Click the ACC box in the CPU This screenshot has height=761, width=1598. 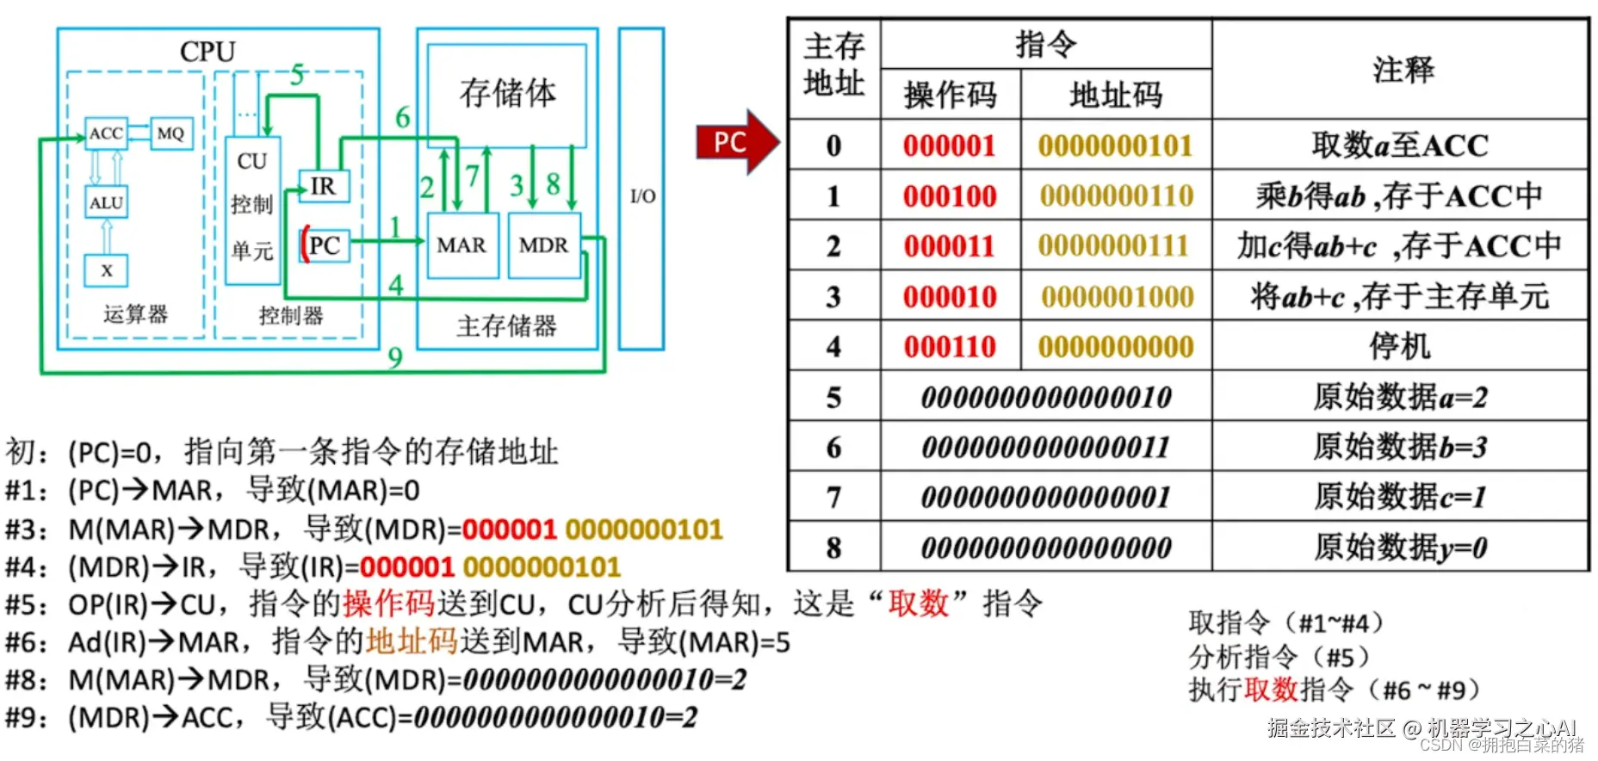coord(106,133)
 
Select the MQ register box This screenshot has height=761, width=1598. coord(170,133)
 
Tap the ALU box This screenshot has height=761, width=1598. coord(106,202)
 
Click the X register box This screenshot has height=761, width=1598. coord(106,270)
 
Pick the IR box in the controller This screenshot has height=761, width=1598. coord(324,186)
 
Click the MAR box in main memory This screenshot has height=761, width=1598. coord(461,245)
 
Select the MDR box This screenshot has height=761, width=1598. coord(543,245)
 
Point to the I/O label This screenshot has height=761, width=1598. coord(642,196)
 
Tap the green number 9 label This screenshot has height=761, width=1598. coord(395,357)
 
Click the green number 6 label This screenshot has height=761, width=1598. coord(402,117)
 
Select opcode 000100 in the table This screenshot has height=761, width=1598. coord(950,196)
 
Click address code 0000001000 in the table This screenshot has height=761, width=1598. coord(1117,297)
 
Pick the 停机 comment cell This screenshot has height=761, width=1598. coord(1400,347)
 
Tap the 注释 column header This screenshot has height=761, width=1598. coord(1403,70)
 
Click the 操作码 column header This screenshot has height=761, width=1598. coord(950,95)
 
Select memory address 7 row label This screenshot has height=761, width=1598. coord(833,498)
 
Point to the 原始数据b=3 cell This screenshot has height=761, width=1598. coord(1400,448)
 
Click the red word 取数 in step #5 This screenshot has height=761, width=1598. coord(918,603)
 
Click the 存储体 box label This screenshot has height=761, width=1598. coord(507,93)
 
